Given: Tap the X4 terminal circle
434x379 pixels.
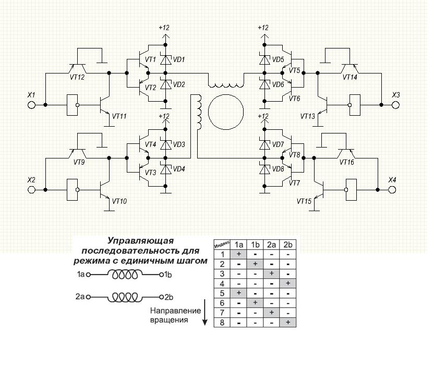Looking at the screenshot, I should click(x=392, y=190).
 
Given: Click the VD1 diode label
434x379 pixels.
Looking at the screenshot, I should click(x=179, y=60).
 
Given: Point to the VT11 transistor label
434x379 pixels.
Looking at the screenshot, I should click(x=119, y=116).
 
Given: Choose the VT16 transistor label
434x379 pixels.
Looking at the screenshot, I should click(x=347, y=162).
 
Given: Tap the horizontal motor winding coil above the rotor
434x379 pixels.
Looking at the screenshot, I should click(x=226, y=83).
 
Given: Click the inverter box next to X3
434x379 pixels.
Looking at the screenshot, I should click(x=356, y=105).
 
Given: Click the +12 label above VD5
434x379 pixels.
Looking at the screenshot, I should click(x=263, y=28).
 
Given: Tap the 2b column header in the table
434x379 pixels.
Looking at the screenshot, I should click(x=287, y=244).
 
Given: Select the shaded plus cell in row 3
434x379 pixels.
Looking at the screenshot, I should click(x=271, y=273).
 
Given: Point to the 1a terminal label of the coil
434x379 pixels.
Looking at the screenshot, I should click(x=80, y=273).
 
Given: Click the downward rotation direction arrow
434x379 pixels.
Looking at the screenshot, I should click(x=204, y=317).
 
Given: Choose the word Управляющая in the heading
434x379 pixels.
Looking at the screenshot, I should click(x=140, y=241).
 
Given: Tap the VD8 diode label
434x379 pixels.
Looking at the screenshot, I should click(x=278, y=169).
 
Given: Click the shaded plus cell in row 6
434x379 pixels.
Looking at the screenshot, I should click(x=256, y=303).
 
